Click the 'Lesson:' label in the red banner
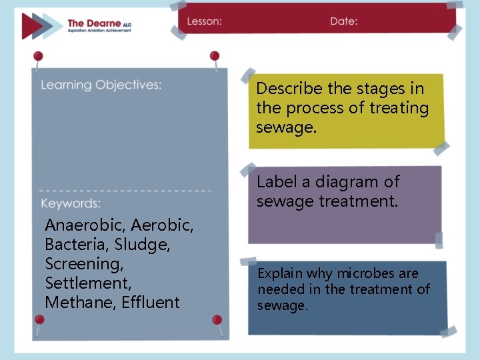tap(204, 21)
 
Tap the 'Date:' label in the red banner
tap(343, 21)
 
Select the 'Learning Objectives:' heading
tap(101, 85)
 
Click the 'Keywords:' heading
tap(71, 203)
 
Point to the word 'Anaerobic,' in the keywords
tap(85, 226)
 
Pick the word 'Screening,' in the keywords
tap(84, 264)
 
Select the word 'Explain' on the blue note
tap(280, 273)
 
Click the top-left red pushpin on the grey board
tap(38, 57)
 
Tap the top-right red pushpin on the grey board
tap(215, 57)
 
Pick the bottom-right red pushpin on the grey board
tap(217, 321)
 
